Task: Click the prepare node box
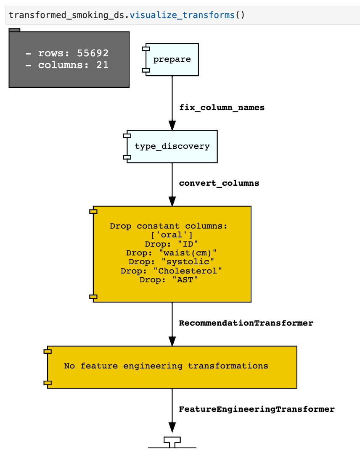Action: coord(172,60)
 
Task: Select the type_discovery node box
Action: coord(172,146)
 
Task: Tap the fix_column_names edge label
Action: coord(222,108)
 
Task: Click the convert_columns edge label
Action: coord(219,183)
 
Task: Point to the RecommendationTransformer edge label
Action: coord(246,323)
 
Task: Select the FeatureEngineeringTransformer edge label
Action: coord(257,409)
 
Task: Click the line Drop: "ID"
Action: coord(172,244)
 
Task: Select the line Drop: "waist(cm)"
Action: coord(172,253)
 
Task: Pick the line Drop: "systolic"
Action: coord(172,262)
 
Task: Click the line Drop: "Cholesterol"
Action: coord(172,271)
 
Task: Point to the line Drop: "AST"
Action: coord(172,280)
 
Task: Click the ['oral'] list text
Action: coord(172,235)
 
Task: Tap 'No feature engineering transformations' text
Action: coord(166,366)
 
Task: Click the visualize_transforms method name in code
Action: coord(182,16)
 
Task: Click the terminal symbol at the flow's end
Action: coord(172,442)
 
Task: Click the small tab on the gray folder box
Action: coord(14,30)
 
